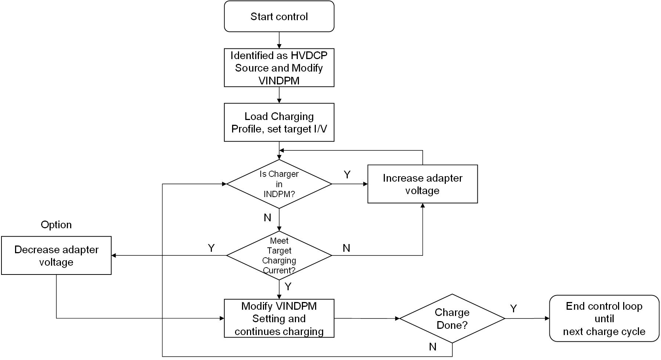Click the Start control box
[x=279, y=17]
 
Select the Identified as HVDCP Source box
[x=279, y=68]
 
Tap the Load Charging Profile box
[x=279, y=123]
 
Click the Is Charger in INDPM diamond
[x=279, y=184]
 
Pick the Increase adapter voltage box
[x=422, y=184]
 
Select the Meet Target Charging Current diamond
[x=279, y=255]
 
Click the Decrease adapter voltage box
[x=56, y=255]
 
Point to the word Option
[x=56, y=225]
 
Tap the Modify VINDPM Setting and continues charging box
[x=279, y=318]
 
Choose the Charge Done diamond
[x=452, y=319]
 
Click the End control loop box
[x=604, y=319]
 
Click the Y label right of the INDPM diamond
[x=347, y=175]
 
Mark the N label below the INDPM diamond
[x=267, y=218]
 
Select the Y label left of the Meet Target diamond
[x=211, y=248]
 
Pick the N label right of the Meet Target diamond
[x=346, y=248]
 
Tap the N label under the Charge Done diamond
[x=433, y=346]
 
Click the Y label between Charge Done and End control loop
[x=513, y=309]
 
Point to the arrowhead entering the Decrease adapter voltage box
[x=114, y=255]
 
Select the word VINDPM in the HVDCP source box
[x=279, y=81]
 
